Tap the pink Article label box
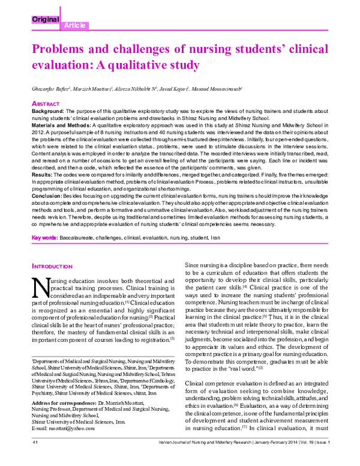click(x=74, y=25)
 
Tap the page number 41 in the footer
click(x=35, y=458)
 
